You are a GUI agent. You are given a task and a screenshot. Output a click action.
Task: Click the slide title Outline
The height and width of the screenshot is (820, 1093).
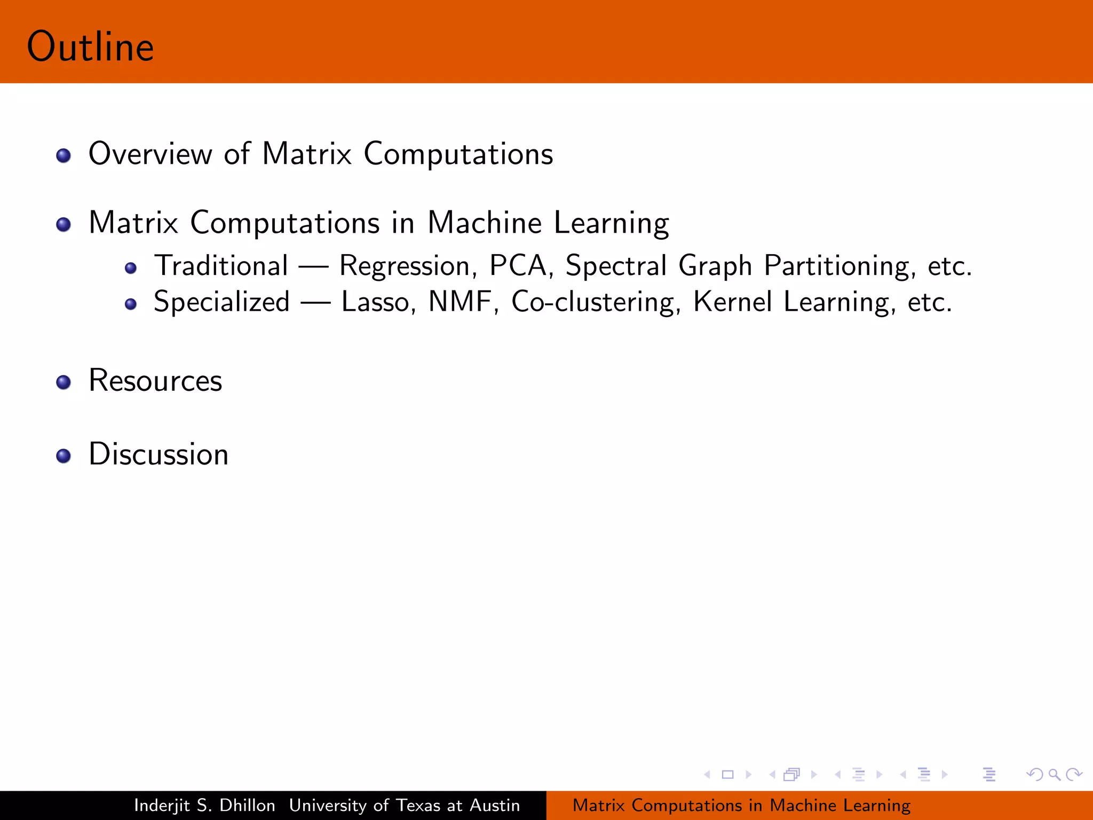click(90, 47)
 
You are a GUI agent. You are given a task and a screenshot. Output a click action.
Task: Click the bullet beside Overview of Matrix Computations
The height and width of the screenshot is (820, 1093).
click(64, 155)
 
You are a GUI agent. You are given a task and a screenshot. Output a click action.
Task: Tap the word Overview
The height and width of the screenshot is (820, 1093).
click(150, 154)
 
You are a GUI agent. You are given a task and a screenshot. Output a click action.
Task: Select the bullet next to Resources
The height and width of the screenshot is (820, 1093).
click(64, 382)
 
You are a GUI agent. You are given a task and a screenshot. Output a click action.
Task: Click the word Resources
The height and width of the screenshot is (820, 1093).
click(155, 381)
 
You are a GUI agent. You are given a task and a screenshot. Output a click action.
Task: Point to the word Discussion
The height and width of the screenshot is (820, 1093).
click(159, 455)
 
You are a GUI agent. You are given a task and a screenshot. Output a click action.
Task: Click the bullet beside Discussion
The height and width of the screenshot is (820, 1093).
click(64, 456)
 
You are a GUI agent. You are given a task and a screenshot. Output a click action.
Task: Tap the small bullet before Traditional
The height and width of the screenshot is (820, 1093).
click(131, 268)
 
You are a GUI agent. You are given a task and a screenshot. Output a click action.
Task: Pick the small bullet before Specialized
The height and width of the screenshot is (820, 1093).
click(131, 304)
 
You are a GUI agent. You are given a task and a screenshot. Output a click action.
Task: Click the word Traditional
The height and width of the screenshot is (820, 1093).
click(221, 266)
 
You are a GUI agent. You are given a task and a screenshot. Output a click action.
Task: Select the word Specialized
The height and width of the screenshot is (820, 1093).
click(221, 303)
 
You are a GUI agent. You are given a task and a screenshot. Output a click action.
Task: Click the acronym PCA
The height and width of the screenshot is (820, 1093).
click(519, 266)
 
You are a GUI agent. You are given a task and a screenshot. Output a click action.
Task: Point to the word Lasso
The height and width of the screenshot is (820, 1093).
click(376, 302)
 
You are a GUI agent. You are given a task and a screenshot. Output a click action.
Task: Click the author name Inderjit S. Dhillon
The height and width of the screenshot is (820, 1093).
click(204, 805)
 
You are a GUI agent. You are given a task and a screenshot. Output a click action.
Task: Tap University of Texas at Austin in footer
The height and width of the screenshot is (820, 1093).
click(405, 805)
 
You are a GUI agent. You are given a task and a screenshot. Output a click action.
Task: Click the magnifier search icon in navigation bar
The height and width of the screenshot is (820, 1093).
click(1054, 774)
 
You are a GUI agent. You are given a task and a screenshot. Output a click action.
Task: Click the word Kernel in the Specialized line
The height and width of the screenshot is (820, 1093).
click(732, 302)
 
